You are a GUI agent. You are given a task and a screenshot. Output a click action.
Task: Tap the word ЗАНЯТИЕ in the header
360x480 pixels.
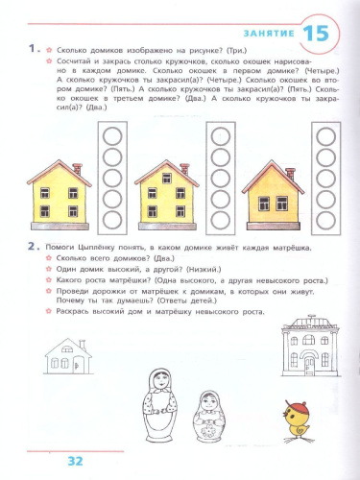coord(266,35)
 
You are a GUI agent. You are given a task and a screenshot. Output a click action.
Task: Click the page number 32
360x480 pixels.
coord(77,460)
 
